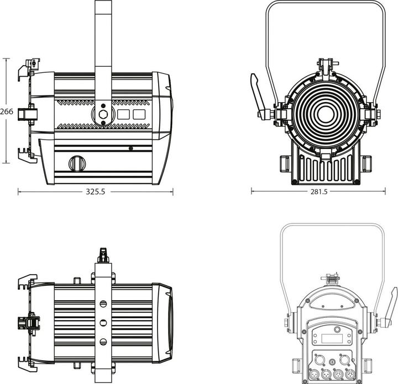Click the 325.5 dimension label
95,192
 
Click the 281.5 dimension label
319,192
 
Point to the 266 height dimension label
6,111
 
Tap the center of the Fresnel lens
325,115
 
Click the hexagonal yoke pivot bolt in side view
103,114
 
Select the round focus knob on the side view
77,163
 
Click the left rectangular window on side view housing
124,114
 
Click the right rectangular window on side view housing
139,114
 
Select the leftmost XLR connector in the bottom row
313,374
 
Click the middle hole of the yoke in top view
103,323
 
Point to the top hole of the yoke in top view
103,303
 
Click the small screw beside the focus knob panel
130,148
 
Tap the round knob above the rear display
337,329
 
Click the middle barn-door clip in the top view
29,322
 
